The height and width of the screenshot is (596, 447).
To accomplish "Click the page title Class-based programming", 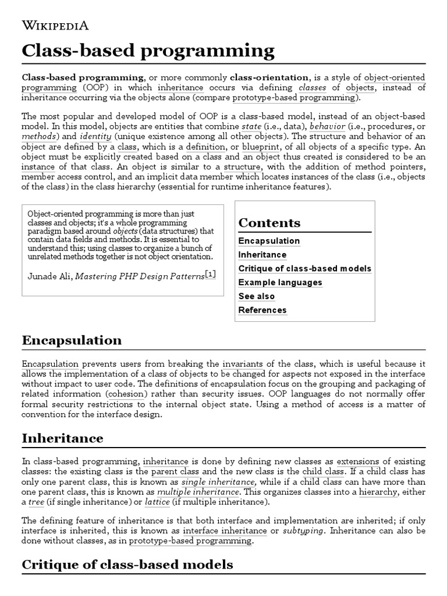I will pyautogui.click(x=148, y=51).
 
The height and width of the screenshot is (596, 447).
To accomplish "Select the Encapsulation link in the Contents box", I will pyautogui.click(x=269, y=241).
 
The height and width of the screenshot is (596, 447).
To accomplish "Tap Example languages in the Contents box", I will pyautogui.click(x=280, y=282).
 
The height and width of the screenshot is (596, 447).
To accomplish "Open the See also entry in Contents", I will pyautogui.click(x=257, y=296).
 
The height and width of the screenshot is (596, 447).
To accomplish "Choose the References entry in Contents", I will pyautogui.click(x=262, y=310).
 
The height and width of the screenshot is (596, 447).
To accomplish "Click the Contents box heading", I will pyautogui.click(x=269, y=223).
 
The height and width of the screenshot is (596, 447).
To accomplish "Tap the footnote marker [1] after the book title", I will pyautogui.click(x=210, y=274).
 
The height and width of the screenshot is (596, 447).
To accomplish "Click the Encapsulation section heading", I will pyautogui.click(x=72, y=340).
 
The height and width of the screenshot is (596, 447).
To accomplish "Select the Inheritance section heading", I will pyautogui.click(x=62, y=438).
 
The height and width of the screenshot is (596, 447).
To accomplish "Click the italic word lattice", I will pyautogui.click(x=157, y=502).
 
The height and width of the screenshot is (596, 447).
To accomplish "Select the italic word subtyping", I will pyautogui.click(x=303, y=531).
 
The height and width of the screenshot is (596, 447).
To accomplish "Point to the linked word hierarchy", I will pyautogui.click(x=378, y=492).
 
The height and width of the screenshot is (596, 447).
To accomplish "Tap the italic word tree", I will pyautogui.click(x=36, y=502).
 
